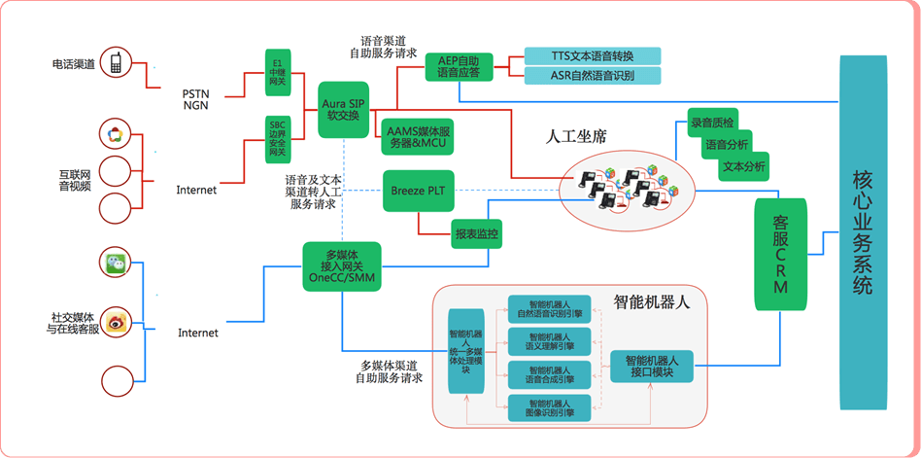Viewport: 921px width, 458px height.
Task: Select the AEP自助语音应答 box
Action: (460, 67)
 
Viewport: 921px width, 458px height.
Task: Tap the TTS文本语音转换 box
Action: (592, 55)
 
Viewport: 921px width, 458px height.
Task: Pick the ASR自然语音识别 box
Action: (592, 76)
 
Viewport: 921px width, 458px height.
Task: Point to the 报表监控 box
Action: (476, 233)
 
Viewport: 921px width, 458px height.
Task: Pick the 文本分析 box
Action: (744, 166)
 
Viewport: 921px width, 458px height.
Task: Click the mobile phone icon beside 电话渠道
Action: (116, 64)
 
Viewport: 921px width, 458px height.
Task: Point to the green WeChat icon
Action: (116, 262)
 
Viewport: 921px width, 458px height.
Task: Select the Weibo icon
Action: (116, 320)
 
